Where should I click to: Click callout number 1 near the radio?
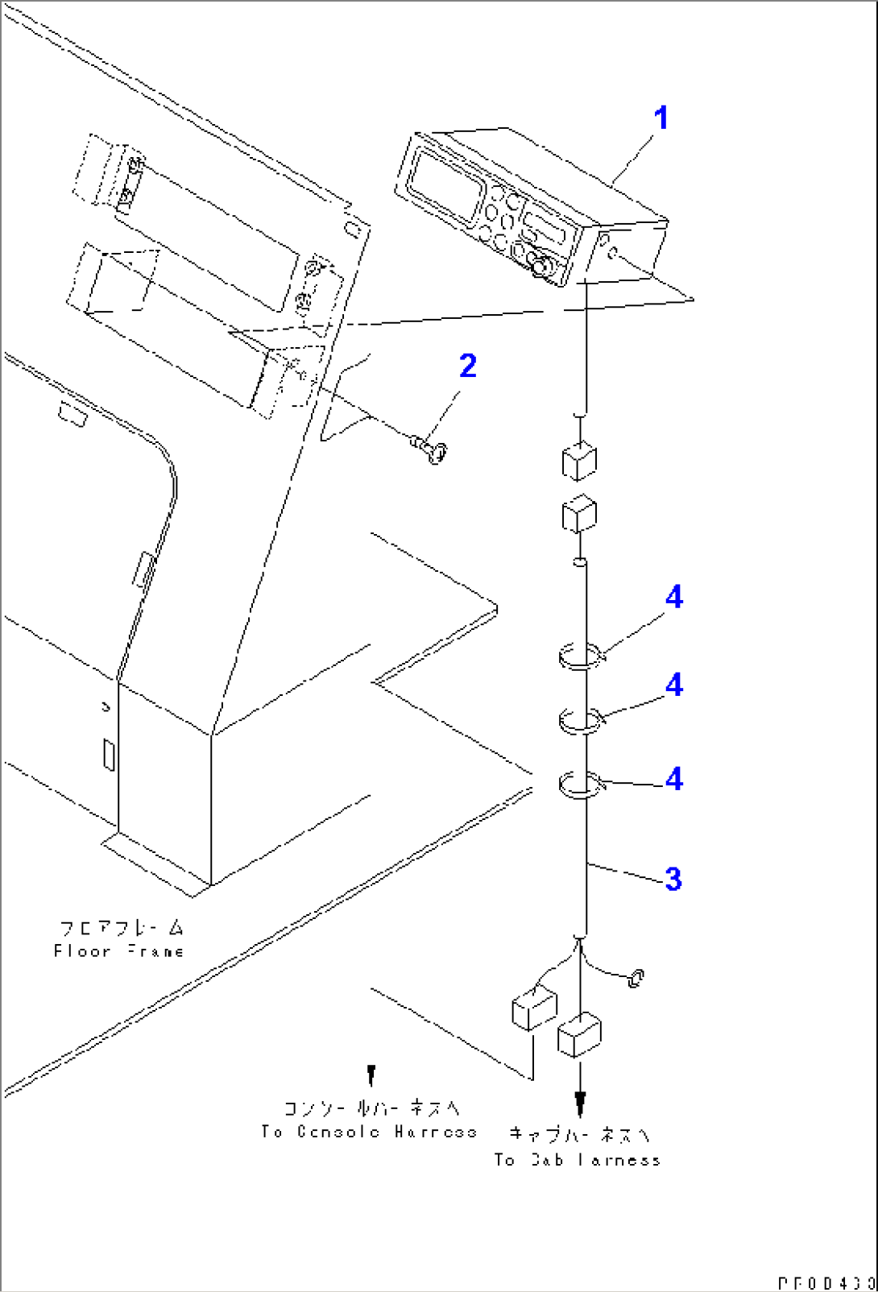(661, 118)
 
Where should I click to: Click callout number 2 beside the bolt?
(468, 366)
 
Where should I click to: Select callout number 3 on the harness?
(673, 879)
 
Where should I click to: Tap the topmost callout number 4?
(674, 598)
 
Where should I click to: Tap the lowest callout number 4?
(674, 780)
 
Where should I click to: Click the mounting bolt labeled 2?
(431, 449)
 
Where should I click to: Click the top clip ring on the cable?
(582, 656)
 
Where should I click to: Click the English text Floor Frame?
(119, 951)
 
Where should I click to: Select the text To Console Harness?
(369, 1132)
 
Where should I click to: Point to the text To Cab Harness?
(578, 1160)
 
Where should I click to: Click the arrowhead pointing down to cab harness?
(580, 1103)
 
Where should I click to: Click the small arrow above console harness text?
(371, 1073)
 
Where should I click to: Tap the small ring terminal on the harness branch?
(636, 978)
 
